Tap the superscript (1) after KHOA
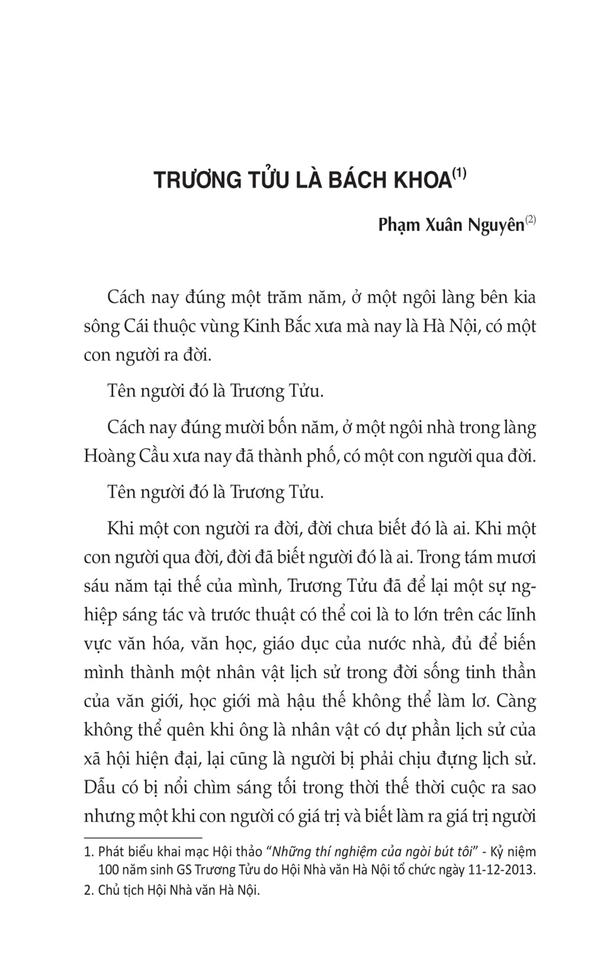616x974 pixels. [x=460, y=174]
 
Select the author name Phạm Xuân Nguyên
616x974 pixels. [x=451, y=225]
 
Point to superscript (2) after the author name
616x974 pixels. [x=530, y=219]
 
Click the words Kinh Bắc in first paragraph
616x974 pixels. [x=278, y=326]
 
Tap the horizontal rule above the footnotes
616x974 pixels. [x=143, y=837]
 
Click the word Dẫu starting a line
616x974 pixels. [x=99, y=788]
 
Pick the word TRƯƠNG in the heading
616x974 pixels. [x=188, y=180]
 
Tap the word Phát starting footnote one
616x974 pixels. [x=111, y=852]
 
